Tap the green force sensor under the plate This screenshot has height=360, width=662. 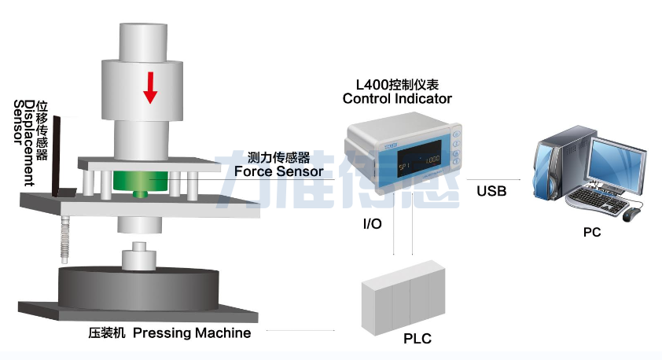coord(141,182)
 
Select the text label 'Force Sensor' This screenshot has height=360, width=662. coord(279,171)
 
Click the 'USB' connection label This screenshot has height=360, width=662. coord(491,190)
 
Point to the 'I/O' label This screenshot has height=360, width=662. coord(372,224)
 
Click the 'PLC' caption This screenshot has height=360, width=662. coord(417,339)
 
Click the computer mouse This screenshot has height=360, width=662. coord(631,214)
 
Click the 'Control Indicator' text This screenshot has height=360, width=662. coord(397,99)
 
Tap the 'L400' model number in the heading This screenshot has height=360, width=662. coord(372,83)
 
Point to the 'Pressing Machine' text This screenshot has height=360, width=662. coord(192,333)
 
